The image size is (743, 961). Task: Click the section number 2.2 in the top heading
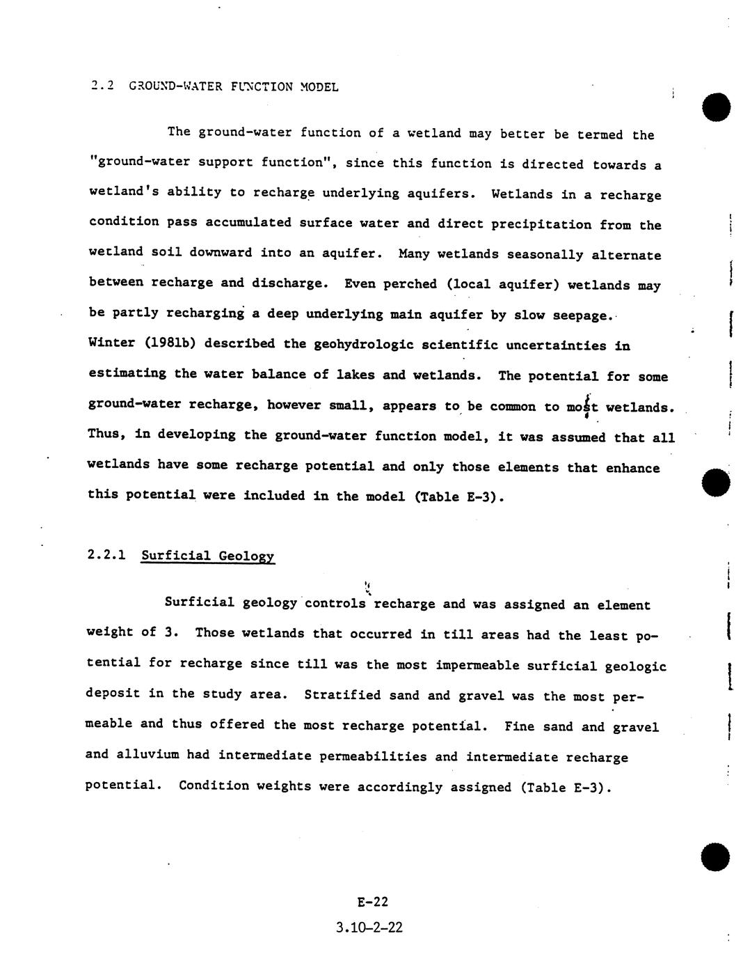click(102, 86)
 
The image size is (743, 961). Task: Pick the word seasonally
click(545, 254)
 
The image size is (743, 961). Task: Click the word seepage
click(582, 315)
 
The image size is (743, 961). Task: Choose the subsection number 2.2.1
click(106, 556)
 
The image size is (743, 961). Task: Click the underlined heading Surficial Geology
click(207, 556)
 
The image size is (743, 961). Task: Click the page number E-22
click(372, 902)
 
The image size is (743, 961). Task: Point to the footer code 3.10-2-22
click(369, 927)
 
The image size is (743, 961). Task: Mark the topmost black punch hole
click(717, 107)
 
